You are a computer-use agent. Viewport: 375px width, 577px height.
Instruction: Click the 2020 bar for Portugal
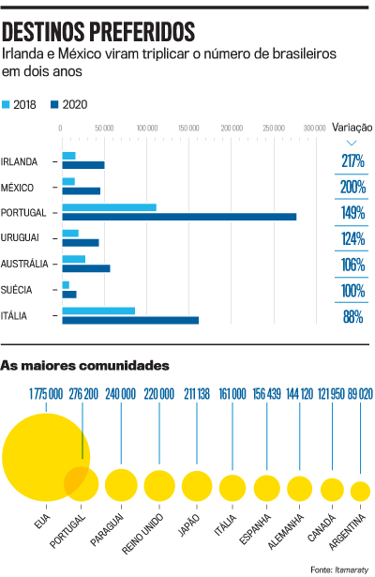(179, 217)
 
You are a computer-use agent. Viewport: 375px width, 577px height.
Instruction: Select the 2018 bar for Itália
(98, 311)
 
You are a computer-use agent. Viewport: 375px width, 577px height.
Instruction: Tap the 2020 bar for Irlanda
(83, 165)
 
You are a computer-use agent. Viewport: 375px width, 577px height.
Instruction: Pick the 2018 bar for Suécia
(66, 285)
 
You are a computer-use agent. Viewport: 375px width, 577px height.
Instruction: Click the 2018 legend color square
(6, 104)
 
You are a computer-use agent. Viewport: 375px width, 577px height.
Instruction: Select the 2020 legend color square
(54, 104)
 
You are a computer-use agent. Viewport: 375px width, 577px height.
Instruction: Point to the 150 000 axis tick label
(188, 128)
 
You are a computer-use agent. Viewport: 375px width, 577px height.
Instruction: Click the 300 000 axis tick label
(315, 128)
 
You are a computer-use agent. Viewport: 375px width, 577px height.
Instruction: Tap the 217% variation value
(352, 160)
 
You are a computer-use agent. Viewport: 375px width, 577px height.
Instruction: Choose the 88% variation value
(352, 316)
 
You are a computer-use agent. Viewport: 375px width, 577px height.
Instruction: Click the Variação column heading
(352, 128)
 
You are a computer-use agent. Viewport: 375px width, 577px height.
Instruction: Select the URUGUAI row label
(20, 237)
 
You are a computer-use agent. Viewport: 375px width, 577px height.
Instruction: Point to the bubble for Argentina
(360, 492)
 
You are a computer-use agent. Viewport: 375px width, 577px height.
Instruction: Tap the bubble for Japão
(197, 486)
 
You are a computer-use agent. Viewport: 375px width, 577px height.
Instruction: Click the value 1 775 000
(46, 394)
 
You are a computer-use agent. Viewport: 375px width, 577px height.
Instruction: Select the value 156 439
(266, 394)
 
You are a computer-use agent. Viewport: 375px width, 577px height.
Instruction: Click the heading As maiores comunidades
(85, 366)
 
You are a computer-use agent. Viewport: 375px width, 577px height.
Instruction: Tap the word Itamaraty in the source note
(352, 569)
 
